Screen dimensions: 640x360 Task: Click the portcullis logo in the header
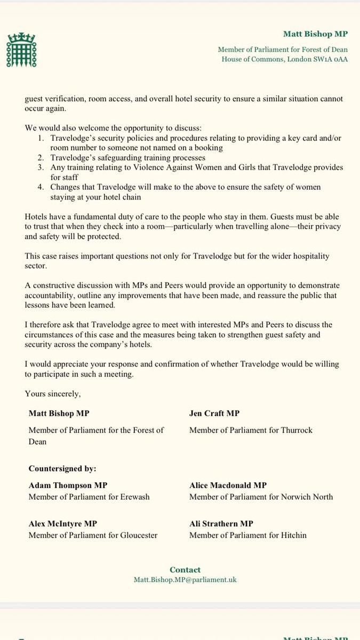coord(19,47)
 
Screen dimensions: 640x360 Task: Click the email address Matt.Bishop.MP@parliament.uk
coord(185,580)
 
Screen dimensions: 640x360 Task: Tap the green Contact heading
coord(185,570)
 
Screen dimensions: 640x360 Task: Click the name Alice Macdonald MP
coord(228,485)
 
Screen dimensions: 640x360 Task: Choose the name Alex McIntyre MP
coord(63,524)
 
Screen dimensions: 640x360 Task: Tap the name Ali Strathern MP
coord(221,524)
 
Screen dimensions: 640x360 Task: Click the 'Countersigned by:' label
coord(62,469)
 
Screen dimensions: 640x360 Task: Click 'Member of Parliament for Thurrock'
coord(251,430)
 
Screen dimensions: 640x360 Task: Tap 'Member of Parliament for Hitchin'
coord(248,535)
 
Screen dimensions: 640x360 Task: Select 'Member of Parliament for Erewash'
coord(89,497)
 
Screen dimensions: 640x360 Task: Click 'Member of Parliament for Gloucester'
coord(93,535)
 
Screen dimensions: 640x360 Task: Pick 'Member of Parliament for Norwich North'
coord(261,497)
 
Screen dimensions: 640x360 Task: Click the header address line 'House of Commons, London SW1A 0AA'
coord(285,59)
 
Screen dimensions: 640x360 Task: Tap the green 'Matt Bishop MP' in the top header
coord(315,34)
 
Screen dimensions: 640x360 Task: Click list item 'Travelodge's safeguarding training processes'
coord(128,158)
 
